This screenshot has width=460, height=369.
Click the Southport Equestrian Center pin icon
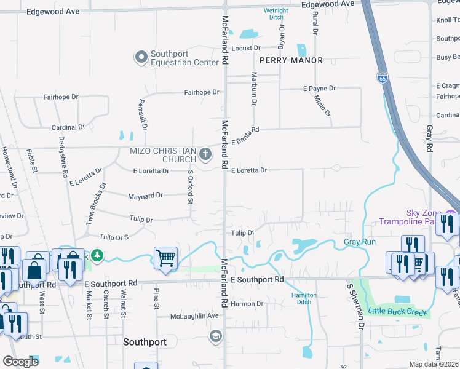pyautogui.click(x=141, y=57)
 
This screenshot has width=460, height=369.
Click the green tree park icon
pyautogui.click(x=97, y=255)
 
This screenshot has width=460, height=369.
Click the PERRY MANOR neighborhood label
pyautogui.click(x=291, y=60)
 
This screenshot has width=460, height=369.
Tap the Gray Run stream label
pyautogui.click(x=359, y=242)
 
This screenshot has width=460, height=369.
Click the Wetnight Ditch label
pyautogui.click(x=276, y=14)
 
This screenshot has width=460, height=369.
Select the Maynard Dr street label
pyautogui.click(x=145, y=196)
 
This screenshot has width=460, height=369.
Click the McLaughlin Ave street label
pyautogui.click(x=195, y=316)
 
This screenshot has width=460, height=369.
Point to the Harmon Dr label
pyautogui.click(x=247, y=304)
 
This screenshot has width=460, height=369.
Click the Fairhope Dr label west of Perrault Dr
pyautogui.click(x=61, y=97)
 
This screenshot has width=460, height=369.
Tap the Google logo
pyautogui.click(x=20, y=361)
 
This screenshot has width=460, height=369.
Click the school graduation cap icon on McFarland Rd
pyautogui.click(x=215, y=336)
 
